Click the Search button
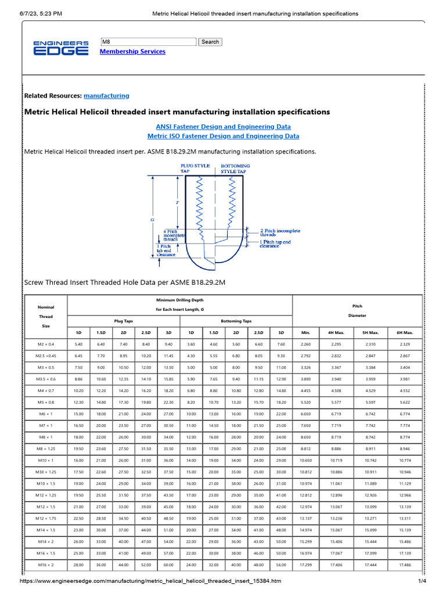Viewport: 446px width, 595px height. (210, 42)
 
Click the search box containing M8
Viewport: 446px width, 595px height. (149, 42)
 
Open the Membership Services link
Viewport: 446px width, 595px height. (132, 52)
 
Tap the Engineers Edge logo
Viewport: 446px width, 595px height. (61, 48)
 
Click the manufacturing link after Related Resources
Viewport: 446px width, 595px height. (106, 95)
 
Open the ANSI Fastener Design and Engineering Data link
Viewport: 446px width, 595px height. (224, 126)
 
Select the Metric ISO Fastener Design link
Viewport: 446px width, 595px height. (224, 136)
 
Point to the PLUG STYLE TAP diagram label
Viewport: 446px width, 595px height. (195, 169)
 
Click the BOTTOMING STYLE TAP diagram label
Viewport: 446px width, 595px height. (236, 169)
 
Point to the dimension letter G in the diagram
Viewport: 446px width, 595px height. (153, 221)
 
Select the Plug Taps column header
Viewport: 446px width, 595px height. (124, 321)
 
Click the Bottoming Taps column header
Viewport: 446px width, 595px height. (236, 321)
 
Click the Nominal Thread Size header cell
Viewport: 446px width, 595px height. (45, 317)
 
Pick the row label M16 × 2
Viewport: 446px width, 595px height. (45, 564)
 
